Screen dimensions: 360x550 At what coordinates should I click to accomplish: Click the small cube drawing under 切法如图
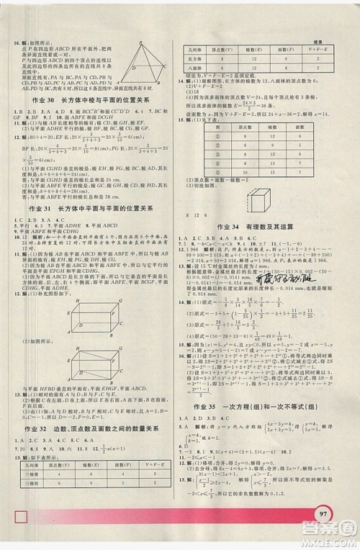pos(257,202)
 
